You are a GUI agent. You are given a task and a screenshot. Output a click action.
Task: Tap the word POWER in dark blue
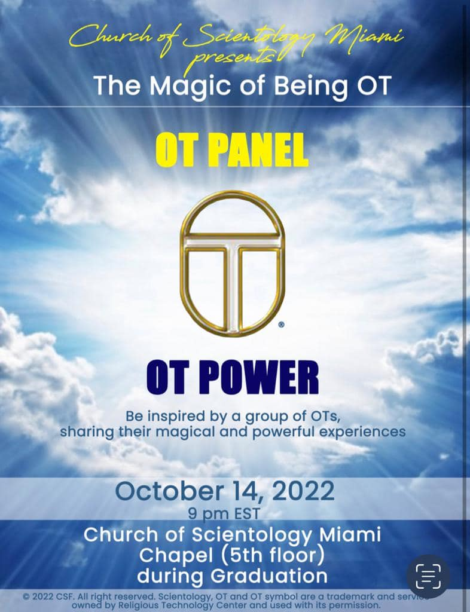[259, 378]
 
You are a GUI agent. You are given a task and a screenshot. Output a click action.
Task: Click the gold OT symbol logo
[232, 263]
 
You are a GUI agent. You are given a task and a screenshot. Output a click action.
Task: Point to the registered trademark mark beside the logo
[281, 325]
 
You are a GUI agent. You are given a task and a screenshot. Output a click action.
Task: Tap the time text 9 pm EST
[224, 513]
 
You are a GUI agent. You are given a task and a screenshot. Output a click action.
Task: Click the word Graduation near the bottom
[268, 576]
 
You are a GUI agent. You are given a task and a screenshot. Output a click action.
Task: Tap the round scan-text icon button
[428, 576]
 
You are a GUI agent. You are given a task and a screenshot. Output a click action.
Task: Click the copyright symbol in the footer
[26, 597]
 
